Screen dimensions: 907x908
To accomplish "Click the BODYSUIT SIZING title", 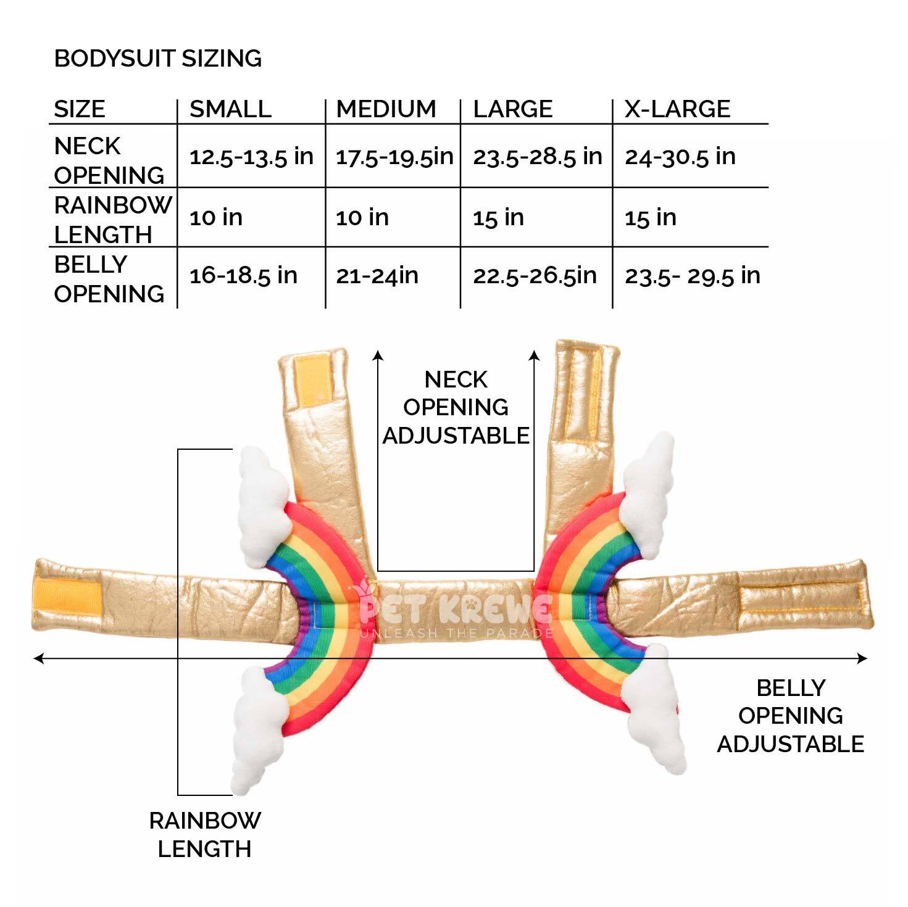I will tap(158, 59).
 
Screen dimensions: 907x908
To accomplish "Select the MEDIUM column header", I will tap(386, 109).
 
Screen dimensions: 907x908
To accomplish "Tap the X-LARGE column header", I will tap(677, 109).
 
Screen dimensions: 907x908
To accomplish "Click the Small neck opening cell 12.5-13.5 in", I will tap(251, 157).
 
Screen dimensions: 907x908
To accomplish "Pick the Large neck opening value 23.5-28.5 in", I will tap(537, 157).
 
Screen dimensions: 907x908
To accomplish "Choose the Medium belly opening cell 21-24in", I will tap(377, 275).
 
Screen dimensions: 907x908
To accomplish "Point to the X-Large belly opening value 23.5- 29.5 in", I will tap(692, 275).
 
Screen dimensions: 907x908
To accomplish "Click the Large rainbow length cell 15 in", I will tap(498, 217).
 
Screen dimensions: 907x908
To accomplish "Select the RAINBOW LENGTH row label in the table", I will tap(112, 219).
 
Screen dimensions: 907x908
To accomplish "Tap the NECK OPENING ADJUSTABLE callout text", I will tap(456, 407).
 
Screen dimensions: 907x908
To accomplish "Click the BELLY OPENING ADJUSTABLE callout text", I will tap(790, 716).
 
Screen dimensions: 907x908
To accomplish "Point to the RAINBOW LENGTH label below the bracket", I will tap(205, 834).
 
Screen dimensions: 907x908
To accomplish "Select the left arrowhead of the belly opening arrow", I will tap(38, 659).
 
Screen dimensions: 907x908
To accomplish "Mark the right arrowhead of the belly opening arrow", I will tap(862, 659).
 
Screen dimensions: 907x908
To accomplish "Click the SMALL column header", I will tap(230, 109).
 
